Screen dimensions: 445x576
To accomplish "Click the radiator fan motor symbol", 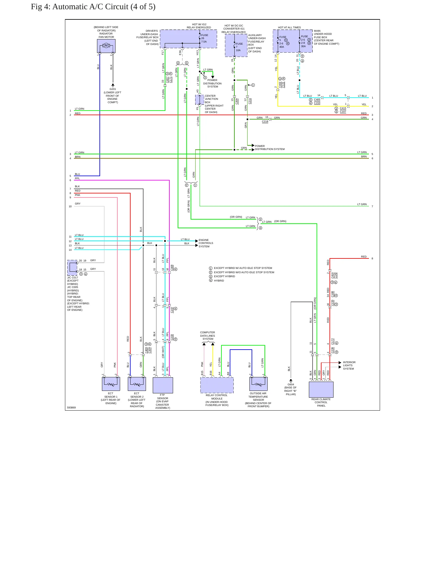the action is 106,46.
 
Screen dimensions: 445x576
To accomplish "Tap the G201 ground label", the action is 113,89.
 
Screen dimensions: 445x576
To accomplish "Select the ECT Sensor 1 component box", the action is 111,384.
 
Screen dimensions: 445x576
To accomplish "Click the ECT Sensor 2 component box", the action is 137,384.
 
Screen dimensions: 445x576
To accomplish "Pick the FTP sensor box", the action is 163,385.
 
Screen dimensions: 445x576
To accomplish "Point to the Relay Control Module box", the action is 217,385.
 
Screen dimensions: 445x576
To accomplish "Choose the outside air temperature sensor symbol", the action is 258,384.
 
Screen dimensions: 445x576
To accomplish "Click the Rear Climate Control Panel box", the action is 321,390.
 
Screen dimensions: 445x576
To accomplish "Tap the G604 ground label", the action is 291,384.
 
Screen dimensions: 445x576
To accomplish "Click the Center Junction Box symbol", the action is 200,100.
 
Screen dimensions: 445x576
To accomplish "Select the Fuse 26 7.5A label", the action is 204,38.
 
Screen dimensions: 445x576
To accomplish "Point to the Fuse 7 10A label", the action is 239,47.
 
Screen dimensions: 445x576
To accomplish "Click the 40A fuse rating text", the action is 281,47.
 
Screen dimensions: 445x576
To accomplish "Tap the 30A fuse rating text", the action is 303,46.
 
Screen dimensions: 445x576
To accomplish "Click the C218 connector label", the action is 265,121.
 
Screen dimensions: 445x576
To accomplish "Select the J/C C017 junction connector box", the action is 72,268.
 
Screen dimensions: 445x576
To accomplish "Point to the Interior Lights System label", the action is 349,365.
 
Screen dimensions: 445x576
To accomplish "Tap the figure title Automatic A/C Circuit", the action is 93,7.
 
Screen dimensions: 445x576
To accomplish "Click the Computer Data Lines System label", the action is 208,336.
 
